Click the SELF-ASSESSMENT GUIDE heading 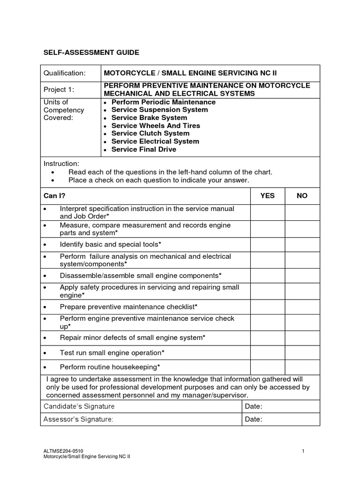click(91, 52)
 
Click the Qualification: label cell click(65, 73)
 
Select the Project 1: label click(59, 90)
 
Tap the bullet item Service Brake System click(149, 118)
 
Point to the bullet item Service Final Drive click(143, 150)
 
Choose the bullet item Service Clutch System click(151, 134)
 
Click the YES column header click(267, 195)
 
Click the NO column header click(302, 195)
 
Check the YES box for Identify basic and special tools click(267, 244)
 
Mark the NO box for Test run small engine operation click(302, 352)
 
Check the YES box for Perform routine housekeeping click(267, 367)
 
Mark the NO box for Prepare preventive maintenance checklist click(302, 307)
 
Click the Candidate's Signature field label click(79, 406)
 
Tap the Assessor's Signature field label click(78, 419)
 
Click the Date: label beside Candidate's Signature click(254, 406)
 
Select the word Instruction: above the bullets click(61, 164)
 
